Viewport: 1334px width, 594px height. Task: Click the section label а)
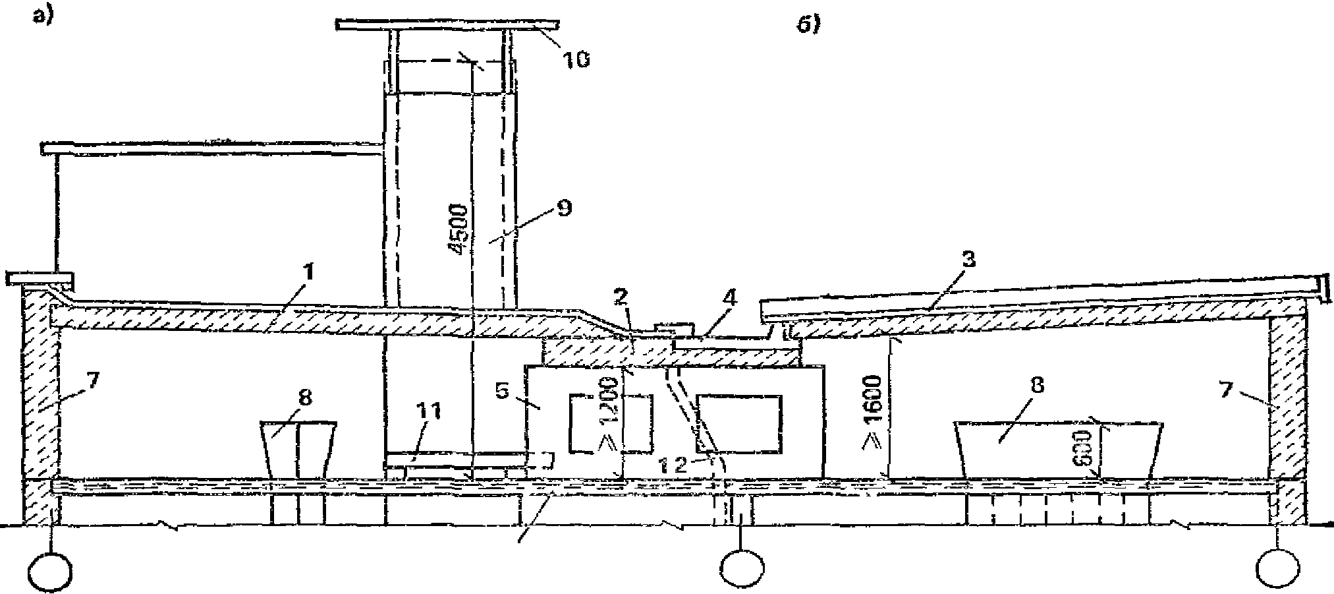[x=43, y=18]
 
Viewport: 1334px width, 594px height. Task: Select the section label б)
[x=808, y=25]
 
